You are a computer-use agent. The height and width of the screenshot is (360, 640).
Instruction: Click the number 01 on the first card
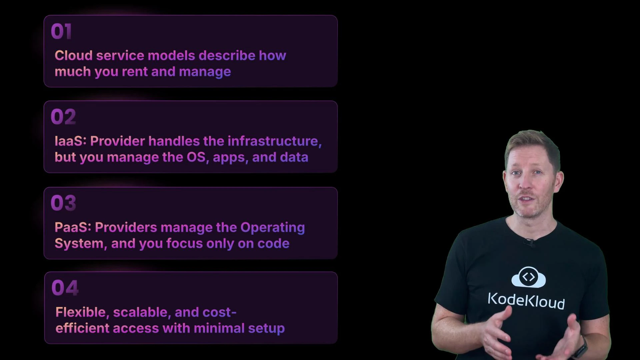coord(61,32)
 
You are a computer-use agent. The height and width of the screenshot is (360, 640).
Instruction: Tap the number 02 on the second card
coord(63,117)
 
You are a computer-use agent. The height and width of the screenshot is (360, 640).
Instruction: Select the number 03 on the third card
coord(63,203)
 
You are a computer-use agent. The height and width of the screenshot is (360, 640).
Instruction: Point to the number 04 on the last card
coord(65,288)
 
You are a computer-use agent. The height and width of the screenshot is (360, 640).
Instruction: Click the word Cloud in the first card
coord(73,56)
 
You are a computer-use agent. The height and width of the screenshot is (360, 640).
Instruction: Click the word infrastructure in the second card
coord(274,141)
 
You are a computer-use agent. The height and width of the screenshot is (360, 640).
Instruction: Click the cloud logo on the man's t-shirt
coord(528,277)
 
